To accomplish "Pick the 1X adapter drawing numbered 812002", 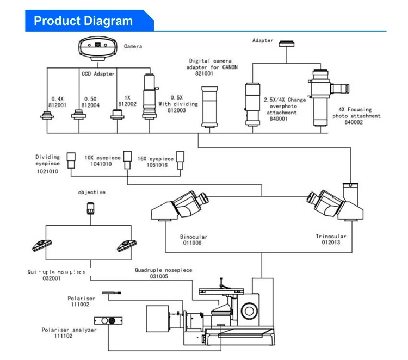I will click(x=116, y=114).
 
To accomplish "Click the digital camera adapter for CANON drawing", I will click(x=209, y=107).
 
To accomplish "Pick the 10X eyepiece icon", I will click(x=127, y=157).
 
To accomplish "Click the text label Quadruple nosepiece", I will click(x=163, y=270).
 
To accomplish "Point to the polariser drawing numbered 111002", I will click(x=112, y=293).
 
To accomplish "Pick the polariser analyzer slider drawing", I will click(x=108, y=321).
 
